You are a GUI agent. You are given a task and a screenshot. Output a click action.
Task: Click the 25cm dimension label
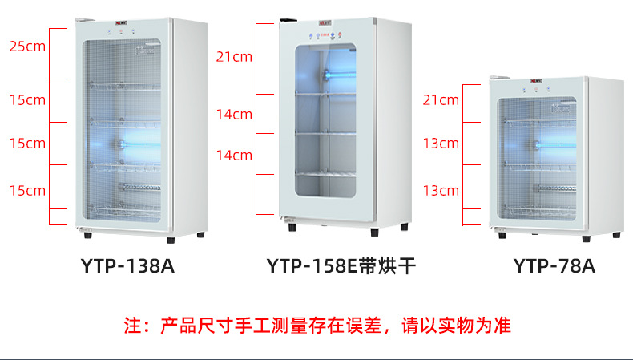[x=27, y=46]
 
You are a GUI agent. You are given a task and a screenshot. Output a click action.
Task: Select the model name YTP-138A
[x=127, y=266]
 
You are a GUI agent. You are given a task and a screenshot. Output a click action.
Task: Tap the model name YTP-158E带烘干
[x=341, y=266]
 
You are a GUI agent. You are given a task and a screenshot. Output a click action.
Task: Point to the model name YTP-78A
[x=554, y=266]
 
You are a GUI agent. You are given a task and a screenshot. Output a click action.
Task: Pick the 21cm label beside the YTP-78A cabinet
[x=441, y=100]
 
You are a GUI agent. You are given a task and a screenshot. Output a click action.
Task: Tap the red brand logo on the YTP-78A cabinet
[x=535, y=80]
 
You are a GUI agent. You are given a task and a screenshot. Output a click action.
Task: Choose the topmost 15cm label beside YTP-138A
[x=27, y=100]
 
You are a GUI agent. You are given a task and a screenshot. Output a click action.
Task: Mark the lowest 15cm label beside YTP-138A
[x=27, y=190]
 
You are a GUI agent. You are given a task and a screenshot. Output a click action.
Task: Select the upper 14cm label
[x=234, y=114]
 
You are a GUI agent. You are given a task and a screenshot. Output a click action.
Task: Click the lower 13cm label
[x=441, y=190]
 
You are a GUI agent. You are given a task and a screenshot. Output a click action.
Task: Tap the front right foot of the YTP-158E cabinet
[x=374, y=232]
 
